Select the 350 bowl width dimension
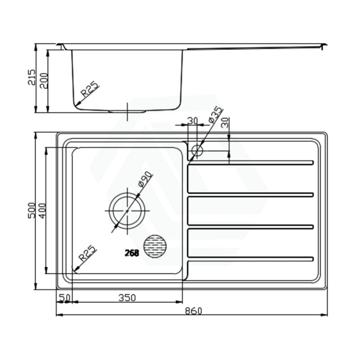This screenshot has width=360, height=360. tap(127, 297)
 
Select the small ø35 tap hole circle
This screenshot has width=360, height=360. tap(197, 151)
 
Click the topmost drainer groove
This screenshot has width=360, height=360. tap(250, 162)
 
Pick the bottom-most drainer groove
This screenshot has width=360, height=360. tap(250, 259)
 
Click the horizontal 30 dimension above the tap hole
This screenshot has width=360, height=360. tap(193, 120)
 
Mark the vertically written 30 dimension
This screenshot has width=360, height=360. tap(225, 122)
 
